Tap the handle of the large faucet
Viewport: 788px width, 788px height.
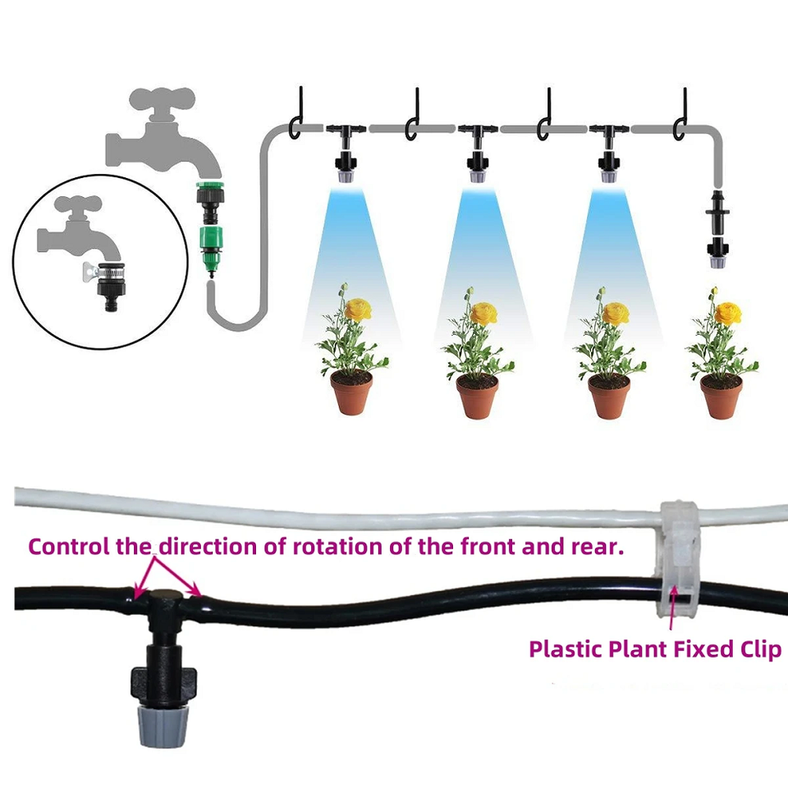(162, 100)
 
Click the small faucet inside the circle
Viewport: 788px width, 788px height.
(79, 227)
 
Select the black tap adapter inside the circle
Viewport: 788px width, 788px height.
(111, 286)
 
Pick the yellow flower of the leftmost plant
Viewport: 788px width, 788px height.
(359, 309)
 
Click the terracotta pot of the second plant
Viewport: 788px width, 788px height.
(477, 396)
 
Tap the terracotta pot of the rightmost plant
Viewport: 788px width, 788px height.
(722, 396)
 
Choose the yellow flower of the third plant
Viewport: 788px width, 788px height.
(616, 313)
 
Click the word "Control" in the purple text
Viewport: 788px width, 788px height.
(69, 547)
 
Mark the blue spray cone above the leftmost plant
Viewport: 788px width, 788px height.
(352, 261)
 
